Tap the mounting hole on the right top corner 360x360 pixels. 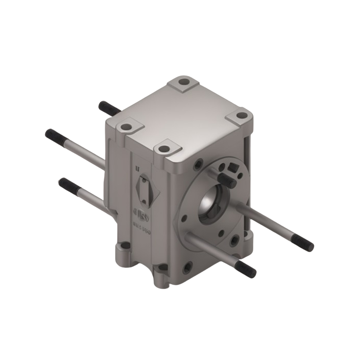238,117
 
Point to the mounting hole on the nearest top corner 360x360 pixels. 164,149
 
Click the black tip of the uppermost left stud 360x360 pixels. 104,107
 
